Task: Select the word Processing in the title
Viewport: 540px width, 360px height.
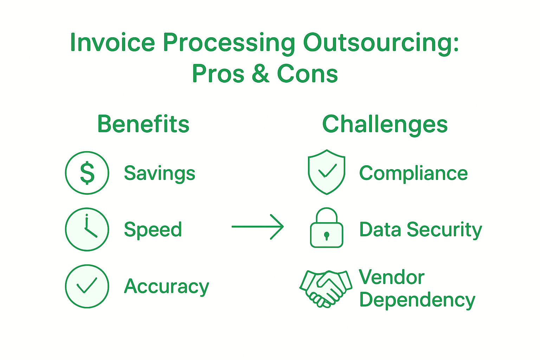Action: [229, 43]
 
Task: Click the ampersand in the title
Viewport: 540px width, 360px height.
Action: [261, 74]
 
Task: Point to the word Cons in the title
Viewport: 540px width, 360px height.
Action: [307, 74]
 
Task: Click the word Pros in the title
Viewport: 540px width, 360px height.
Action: [218, 74]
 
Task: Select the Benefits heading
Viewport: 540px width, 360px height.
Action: [143, 124]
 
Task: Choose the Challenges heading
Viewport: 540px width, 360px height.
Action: [385, 125]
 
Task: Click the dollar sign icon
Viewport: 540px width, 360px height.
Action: [87, 173]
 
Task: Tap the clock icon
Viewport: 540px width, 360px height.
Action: [87, 229]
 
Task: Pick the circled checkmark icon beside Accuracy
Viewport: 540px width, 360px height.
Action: [87, 286]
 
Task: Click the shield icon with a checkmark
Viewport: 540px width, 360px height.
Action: [326, 172]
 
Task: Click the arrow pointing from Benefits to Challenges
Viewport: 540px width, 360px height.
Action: [258, 227]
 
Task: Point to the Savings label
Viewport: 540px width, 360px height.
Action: [159, 173]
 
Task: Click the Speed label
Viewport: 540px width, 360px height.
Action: [153, 230]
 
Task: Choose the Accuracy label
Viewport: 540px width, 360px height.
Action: [166, 287]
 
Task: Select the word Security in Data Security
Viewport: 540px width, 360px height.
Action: [444, 230]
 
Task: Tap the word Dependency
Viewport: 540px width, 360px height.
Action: [417, 300]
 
